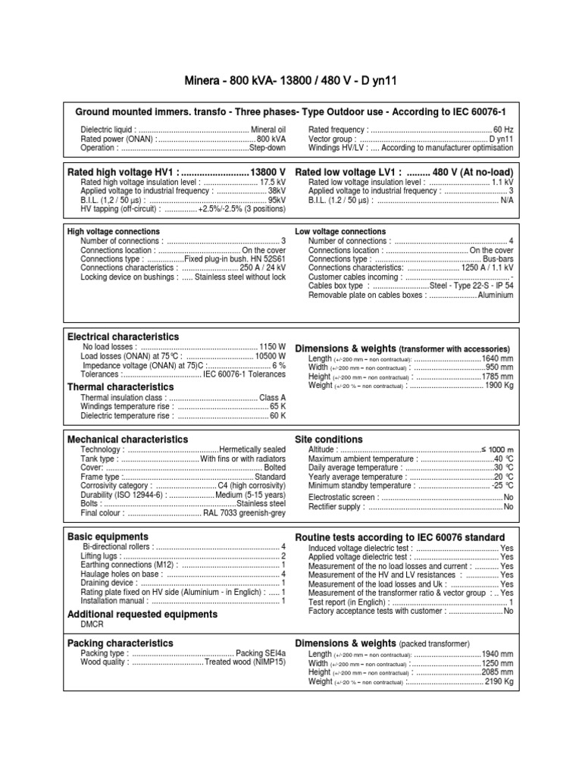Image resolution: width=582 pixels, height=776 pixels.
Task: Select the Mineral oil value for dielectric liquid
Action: click(268, 130)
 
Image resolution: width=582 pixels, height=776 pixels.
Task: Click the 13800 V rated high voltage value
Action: click(268, 172)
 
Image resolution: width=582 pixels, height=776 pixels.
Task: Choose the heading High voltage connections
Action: click(114, 231)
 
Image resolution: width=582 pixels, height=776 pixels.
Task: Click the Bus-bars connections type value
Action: click(498, 259)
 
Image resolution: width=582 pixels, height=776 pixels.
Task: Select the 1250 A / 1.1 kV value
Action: click(487, 268)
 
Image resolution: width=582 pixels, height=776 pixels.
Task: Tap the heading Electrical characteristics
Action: click(124, 336)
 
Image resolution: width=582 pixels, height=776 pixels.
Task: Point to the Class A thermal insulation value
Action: click(273, 398)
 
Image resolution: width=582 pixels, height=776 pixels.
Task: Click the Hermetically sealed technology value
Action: click(252, 449)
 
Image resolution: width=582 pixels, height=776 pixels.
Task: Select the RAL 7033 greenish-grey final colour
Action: click(244, 513)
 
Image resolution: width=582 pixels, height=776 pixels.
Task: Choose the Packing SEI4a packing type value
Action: click(261, 652)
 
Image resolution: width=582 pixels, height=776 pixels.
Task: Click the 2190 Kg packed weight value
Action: click(499, 681)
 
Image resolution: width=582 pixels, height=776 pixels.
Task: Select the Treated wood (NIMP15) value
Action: click(245, 662)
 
